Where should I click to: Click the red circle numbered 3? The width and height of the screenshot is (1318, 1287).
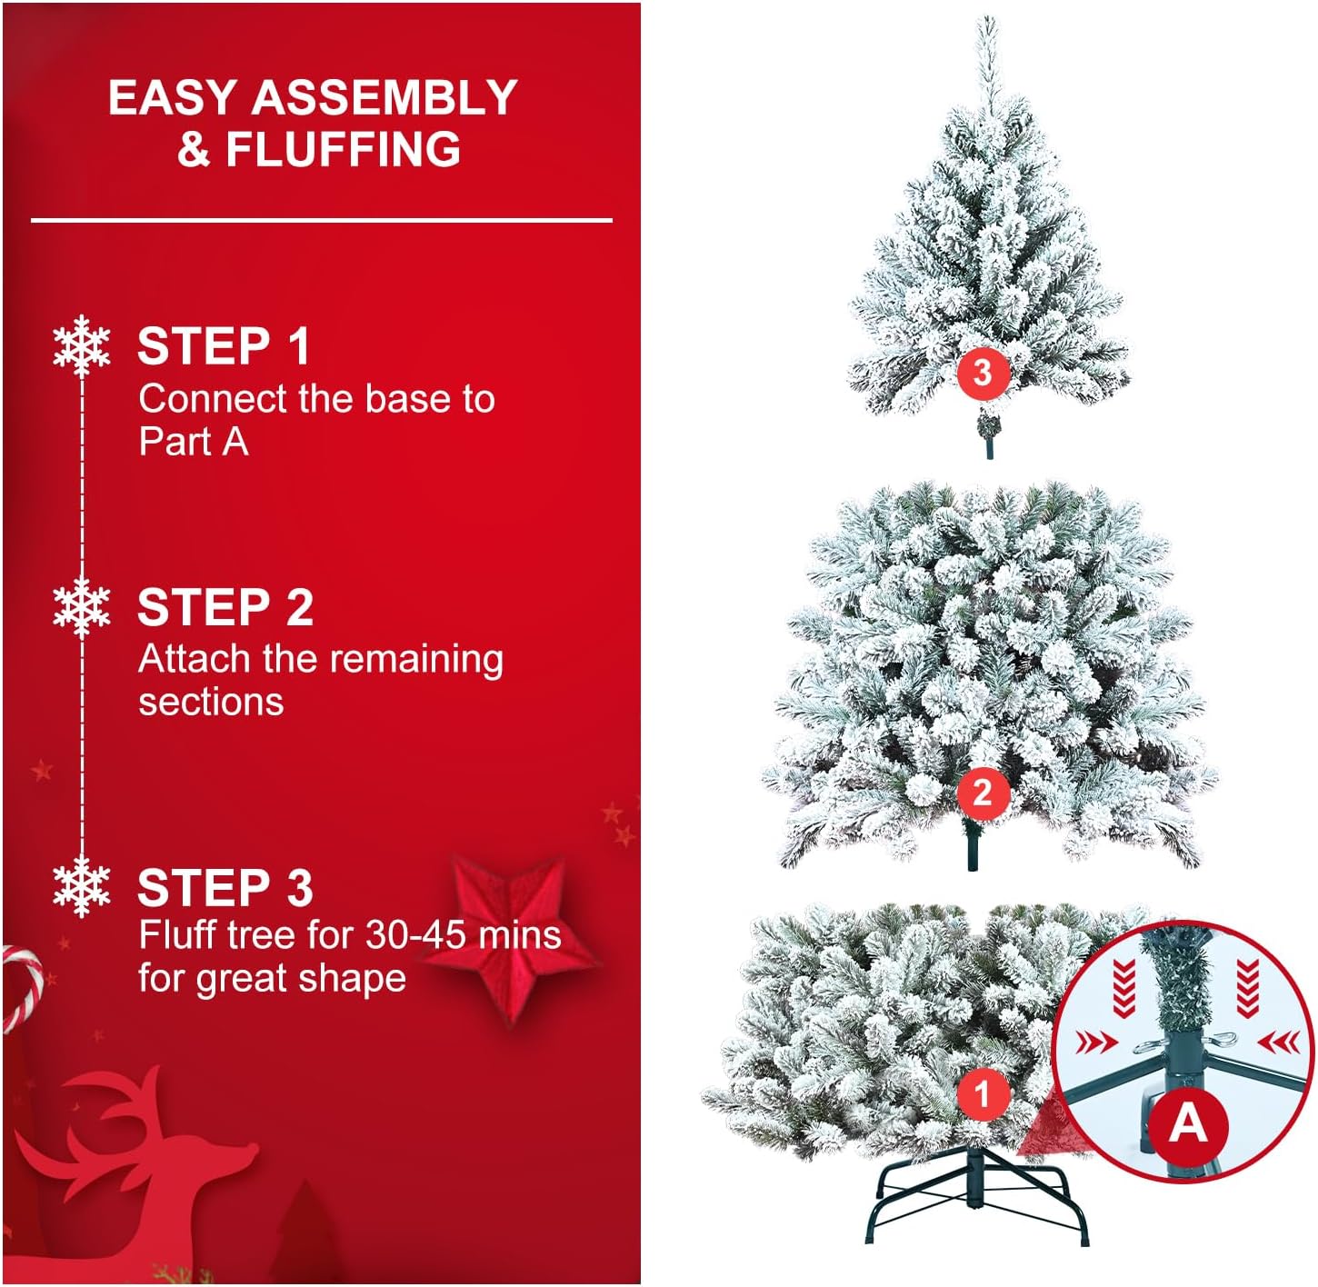click(982, 372)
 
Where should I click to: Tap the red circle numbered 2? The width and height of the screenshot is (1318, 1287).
click(982, 793)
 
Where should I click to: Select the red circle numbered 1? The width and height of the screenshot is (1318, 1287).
click(982, 1093)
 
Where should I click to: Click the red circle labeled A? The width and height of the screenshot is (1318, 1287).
click(1187, 1124)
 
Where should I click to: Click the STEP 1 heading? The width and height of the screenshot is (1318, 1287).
click(224, 346)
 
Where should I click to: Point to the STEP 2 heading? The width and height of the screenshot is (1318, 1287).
click(225, 607)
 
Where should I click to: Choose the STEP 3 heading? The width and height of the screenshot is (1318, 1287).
click(225, 888)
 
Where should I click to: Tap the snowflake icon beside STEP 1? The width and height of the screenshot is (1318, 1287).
click(82, 345)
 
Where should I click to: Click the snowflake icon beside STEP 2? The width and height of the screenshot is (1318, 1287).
click(82, 606)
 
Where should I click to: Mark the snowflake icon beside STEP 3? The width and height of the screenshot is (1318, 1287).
click(82, 886)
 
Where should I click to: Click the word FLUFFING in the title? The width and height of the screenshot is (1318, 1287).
click(343, 150)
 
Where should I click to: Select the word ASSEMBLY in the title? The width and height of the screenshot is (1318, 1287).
click(384, 97)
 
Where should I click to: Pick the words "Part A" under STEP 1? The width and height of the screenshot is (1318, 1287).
click(193, 442)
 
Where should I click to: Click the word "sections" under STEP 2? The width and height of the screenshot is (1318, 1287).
click(211, 702)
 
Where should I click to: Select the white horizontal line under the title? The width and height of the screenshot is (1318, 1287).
click(321, 220)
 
